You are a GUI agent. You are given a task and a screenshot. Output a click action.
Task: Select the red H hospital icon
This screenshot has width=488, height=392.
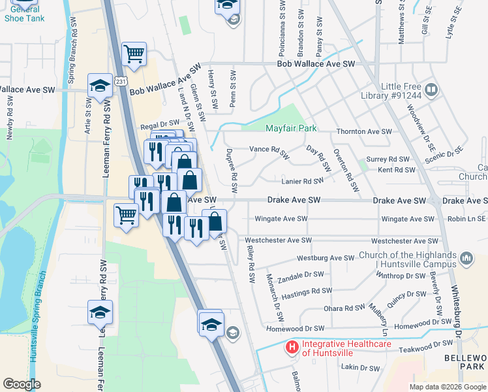(x=292, y=346)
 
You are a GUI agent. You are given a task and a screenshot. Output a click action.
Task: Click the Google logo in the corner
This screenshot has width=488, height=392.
(x=22, y=384)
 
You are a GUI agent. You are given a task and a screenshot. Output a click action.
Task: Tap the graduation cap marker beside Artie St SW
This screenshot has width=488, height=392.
(x=100, y=86)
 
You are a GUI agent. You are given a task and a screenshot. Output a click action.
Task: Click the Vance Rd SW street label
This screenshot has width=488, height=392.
(x=269, y=152)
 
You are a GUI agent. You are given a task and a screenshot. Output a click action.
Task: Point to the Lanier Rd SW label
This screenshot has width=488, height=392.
(x=302, y=182)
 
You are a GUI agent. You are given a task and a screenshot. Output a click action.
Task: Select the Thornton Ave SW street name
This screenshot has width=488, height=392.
(x=364, y=131)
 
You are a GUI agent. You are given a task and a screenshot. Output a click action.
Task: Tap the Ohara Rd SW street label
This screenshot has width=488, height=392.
(x=345, y=308)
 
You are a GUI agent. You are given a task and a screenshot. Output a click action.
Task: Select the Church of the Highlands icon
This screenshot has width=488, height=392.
(x=466, y=259)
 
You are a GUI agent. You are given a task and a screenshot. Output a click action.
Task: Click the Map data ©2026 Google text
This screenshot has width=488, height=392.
(x=447, y=387)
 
